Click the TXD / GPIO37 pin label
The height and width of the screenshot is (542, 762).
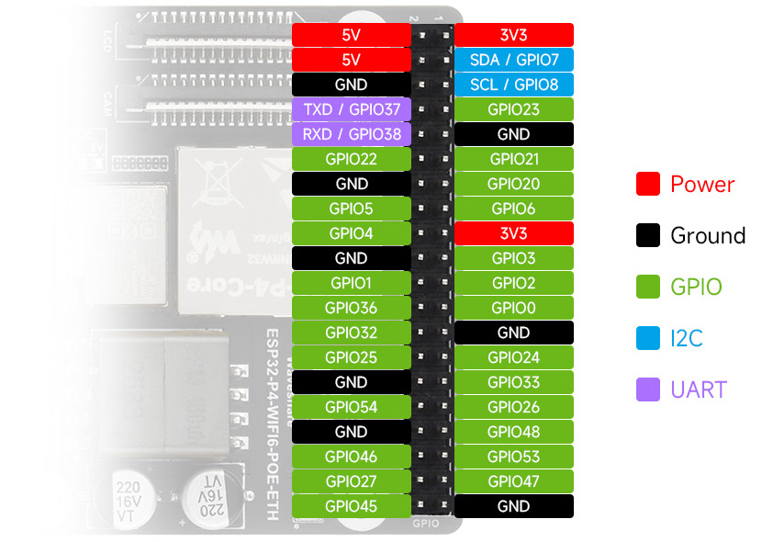[351, 109]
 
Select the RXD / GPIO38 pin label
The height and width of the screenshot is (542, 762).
[351, 134]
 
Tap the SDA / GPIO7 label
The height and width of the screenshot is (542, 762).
[514, 60]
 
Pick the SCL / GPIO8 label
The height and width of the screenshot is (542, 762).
[514, 85]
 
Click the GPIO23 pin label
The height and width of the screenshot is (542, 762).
[514, 109]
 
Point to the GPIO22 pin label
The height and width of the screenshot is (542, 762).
[351, 159]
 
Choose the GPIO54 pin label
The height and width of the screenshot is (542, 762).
[351, 407]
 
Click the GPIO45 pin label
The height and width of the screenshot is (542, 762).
[351, 506]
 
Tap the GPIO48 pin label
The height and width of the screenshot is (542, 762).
[514, 432]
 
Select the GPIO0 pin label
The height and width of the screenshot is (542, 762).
[514, 308]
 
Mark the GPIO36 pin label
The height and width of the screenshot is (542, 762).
[351, 308]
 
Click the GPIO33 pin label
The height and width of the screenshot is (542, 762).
[514, 382]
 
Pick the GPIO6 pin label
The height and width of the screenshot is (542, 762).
[514, 209]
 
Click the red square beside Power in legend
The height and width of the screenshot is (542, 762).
[648, 184]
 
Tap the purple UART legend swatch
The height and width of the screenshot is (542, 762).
[648, 390]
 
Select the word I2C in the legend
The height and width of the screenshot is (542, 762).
[687, 338]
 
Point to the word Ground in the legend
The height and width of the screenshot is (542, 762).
[708, 235]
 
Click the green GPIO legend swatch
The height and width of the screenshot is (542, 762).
[648, 287]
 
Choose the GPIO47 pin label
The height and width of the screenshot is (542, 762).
[514, 481]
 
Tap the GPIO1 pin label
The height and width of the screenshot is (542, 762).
[351, 283]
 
